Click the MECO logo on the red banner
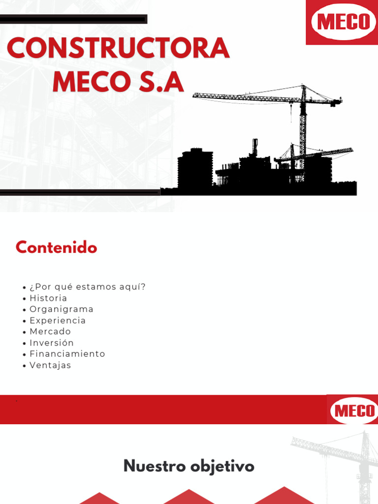[354, 410]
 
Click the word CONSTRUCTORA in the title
[118, 49]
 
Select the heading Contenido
[56, 248]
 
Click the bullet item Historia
[48, 298]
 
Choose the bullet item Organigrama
[62, 309]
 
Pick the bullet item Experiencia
[58, 320]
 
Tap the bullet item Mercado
[50, 332]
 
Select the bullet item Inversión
[52, 343]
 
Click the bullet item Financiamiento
[67, 354]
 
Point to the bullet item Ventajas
[50, 365]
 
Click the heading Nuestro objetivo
[189, 466]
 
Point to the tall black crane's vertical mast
[303, 133]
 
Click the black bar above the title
[74, 19]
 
